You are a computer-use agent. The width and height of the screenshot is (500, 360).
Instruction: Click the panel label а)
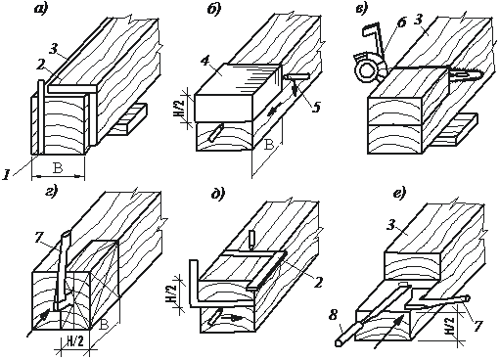(x=41, y=9)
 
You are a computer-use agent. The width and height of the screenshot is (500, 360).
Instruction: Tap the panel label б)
(x=214, y=9)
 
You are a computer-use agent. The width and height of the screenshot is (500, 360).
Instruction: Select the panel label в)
(x=362, y=9)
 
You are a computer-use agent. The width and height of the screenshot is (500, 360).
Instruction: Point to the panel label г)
(x=51, y=190)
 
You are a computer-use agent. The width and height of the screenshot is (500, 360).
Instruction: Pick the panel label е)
(x=399, y=194)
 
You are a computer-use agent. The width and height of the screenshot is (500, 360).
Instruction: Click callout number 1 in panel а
(x=6, y=175)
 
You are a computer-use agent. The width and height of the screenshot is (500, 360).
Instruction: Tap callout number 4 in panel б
(x=205, y=62)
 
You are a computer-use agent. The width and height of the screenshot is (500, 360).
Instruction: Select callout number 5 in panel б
(x=316, y=107)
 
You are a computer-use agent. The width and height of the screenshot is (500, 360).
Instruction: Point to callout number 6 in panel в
(x=402, y=23)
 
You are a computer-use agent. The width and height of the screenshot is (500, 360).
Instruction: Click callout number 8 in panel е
(x=333, y=317)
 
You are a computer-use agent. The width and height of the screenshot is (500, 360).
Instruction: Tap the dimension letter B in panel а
(x=58, y=168)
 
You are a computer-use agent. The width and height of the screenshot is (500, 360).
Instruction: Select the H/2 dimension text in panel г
(x=74, y=341)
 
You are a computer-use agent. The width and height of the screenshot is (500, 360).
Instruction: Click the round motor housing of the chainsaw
(x=367, y=70)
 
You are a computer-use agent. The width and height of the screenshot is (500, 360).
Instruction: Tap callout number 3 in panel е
(x=391, y=225)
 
